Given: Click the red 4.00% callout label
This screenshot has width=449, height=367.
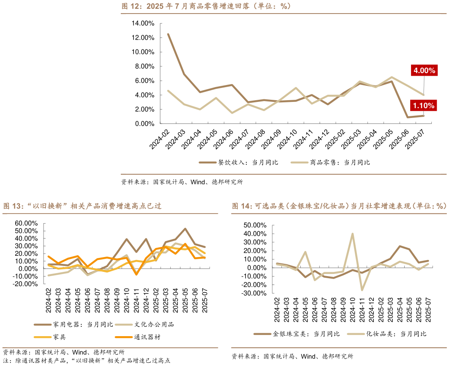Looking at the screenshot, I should click(x=424, y=71).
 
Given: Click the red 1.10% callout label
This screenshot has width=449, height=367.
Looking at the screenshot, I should click(x=424, y=106).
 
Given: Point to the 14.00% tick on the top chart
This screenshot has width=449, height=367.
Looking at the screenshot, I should click(x=143, y=23).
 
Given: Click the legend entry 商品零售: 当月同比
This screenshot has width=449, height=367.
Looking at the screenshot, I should click(x=340, y=162).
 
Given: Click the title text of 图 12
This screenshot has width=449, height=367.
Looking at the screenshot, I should click(x=206, y=6).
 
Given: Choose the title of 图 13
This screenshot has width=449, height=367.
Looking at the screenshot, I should click(x=82, y=206).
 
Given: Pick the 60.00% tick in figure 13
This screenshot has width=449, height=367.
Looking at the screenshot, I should click(x=27, y=223).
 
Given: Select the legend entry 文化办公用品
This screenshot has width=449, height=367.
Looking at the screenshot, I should click(x=154, y=325).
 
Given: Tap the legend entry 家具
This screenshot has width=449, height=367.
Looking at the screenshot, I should click(x=59, y=337).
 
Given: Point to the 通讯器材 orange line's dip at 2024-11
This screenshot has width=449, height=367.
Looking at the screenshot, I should click(x=136, y=274).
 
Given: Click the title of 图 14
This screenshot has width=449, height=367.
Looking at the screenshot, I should click(x=339, y=206).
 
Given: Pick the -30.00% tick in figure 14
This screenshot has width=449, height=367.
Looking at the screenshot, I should click(x=255, y=293).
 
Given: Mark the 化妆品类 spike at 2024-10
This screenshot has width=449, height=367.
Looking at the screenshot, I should click(x=352, y=233).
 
